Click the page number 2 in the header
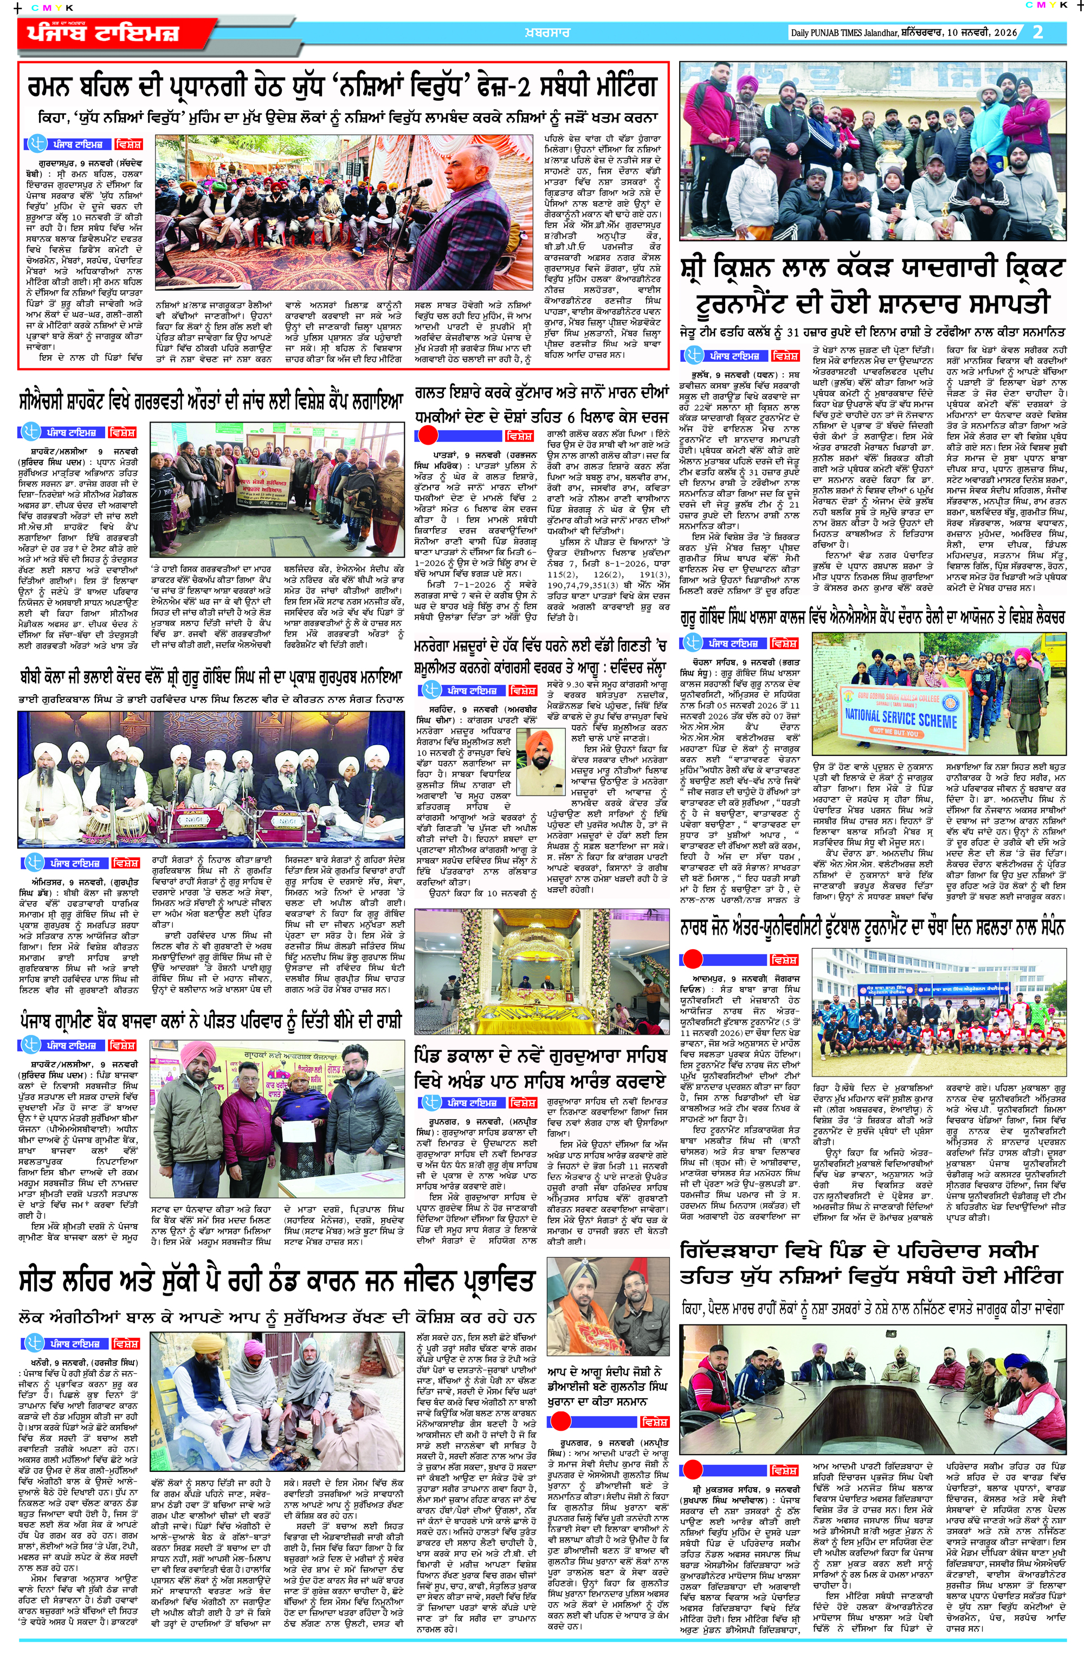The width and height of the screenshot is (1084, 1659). pyautogui.click(x=1038, y=32)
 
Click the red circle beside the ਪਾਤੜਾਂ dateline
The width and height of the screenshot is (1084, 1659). pyautogui.click(x=427, y=435)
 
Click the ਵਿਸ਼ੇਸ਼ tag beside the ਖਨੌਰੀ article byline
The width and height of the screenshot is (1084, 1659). pyautogui.click(x=126, y=1343)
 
